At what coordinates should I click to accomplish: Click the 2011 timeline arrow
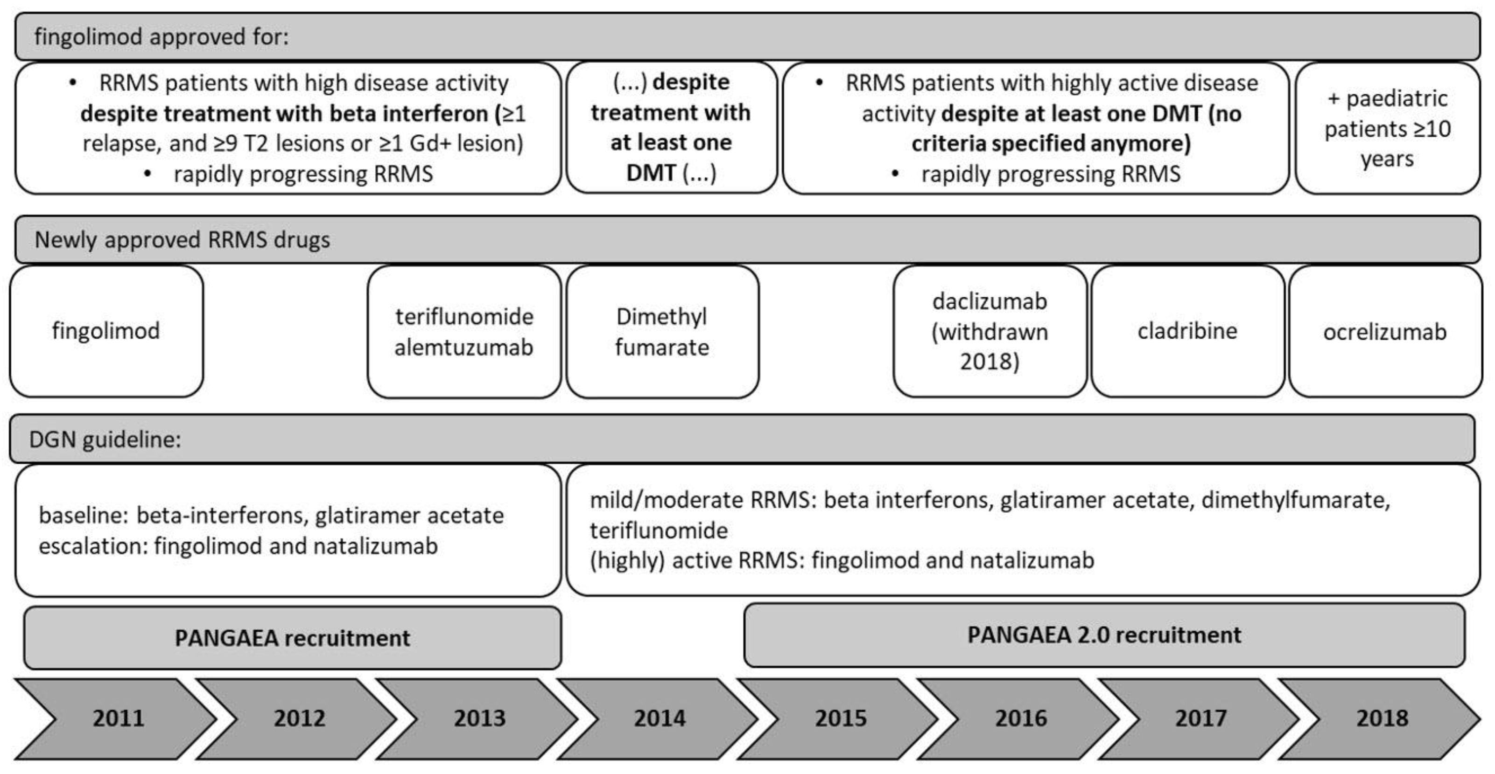coord(119,718)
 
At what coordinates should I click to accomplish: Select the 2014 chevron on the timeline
coord(660,718)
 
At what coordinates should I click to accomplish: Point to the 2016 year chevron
coord(1021,718)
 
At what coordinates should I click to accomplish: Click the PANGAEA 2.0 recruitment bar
coord(1104,635)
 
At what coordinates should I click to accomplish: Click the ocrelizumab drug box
coord(1385,332)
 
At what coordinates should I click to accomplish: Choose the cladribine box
coord(1187,331)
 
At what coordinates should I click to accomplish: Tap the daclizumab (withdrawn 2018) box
coord(990,331)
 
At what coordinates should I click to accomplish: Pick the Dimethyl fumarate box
coord(662,332)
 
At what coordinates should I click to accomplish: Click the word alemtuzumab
coord(463,348)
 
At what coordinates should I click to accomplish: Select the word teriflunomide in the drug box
coord(463,317)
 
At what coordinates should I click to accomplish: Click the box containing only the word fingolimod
coord(106,331)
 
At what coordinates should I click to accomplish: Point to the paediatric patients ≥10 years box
coord(1387,128)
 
